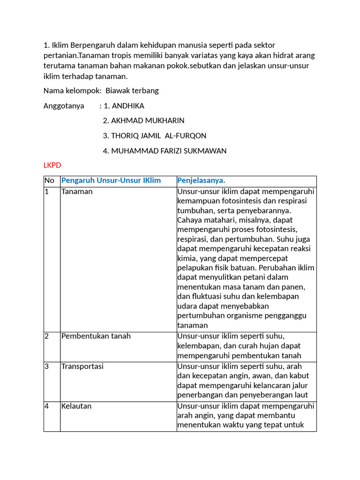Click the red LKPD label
[52, 165]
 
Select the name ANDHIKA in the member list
[128, 106]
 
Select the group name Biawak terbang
[132, 91]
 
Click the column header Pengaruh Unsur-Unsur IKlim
[111, 181]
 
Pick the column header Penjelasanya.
[201, 181]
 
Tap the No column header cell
[50, 181]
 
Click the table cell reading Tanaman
[77, 192]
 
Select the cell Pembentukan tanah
[96, 336]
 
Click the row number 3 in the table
[47, 366]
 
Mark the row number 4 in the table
[47, 406]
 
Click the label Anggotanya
[64, 106]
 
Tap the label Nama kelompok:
[72, 91]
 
